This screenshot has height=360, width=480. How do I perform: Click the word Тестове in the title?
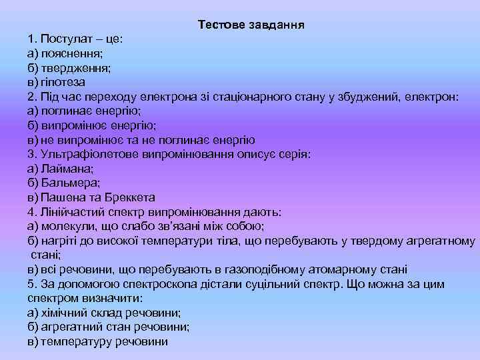pos(221,25)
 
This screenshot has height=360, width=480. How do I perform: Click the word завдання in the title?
pos(276,25)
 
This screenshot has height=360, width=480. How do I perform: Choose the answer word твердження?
pos(75,68)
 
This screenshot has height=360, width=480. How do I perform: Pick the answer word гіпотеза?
pos(63,82)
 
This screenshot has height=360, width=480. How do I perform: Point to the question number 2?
pos(31,97)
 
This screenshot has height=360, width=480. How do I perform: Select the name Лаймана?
pos(64,169)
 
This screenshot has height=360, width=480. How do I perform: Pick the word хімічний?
pos(64,313)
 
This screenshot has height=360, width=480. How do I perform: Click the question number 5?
pos(31,285)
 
